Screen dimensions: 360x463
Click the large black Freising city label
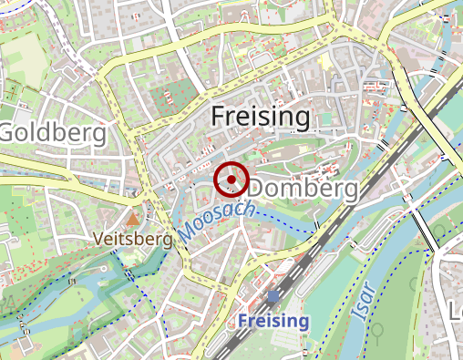(261, 117)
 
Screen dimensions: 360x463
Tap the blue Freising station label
(273, 321)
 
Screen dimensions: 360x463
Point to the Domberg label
(304, 189)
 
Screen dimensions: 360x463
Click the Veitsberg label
(133, 240)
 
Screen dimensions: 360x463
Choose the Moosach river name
(216, 218)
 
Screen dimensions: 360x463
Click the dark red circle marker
(231, 179)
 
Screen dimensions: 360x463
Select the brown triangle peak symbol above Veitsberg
(133, 220)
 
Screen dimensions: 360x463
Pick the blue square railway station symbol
(273, 297)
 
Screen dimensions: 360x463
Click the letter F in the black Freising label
(218, 116)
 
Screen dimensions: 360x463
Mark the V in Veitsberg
(99, 240)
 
